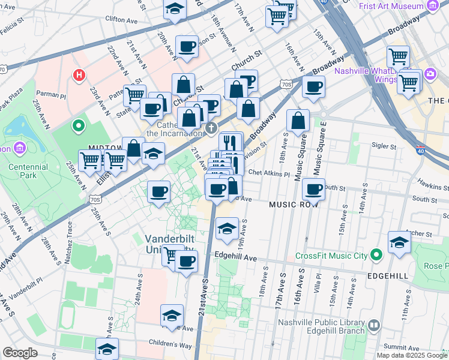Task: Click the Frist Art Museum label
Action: click(x=392, y=7)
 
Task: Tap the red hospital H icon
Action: click(x=78, y=76)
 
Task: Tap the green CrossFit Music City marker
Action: click(x=376, y=256)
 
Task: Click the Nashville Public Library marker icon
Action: click(x=374, y=326)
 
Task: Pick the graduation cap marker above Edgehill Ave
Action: click(x=226, y=229)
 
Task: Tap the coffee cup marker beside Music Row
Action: click(x=313, y=190)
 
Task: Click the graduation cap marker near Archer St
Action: click(x=399, y=242)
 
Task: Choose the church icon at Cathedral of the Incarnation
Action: click(x=211, y=128)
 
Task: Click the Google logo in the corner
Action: click(x=20, y=353)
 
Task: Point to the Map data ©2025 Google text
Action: click(x=412, y=355)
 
